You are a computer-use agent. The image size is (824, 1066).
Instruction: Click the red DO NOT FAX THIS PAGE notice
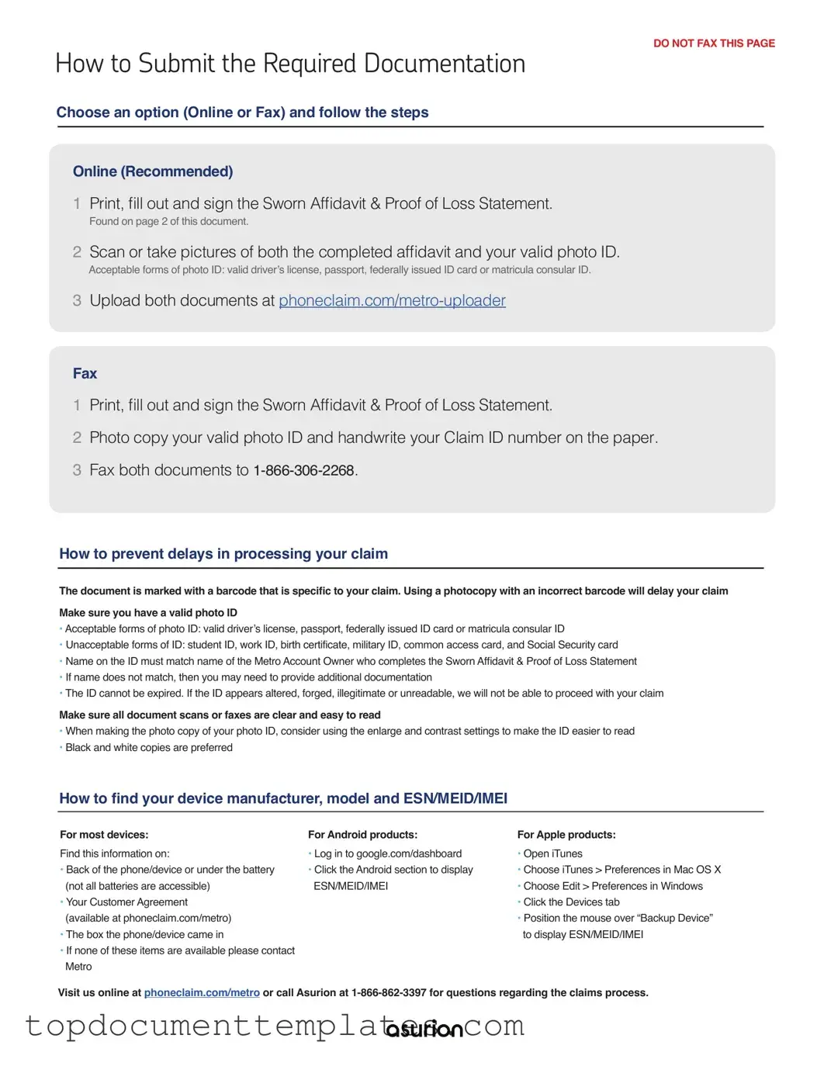[714, 43]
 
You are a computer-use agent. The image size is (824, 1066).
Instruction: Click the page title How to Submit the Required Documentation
[290, 64]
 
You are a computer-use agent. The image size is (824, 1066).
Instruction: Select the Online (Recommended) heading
[153, 171]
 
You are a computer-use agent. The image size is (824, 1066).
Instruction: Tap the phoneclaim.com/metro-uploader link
[392, 300]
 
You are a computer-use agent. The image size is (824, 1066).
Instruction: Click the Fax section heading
[85, 373]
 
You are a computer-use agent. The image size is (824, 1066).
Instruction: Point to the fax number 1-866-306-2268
[303, 470]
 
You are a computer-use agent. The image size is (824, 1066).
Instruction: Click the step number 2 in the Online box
[77, 252]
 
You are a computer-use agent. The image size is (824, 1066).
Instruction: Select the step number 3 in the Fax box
[77, 470]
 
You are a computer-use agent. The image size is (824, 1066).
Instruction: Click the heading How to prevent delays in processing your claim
[223, 554]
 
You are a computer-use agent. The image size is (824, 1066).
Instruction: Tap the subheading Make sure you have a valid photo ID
[148, 612]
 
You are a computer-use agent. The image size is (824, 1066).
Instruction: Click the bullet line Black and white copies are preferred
[149, 747]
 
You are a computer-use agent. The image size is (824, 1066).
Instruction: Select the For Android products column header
[362, 835]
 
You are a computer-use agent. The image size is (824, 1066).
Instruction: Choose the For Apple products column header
[566, 835]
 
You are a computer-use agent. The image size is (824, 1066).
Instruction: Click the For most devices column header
[104, 835]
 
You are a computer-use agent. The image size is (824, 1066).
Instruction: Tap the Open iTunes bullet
[552, 853]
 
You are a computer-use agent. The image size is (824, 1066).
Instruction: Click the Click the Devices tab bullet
[571, 902]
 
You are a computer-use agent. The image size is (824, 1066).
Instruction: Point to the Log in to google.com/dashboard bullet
[387, 853]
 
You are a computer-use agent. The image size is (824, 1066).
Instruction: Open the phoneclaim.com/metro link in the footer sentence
[202, 992]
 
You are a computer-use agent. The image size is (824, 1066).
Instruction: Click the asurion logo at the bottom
[424, 1029]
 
